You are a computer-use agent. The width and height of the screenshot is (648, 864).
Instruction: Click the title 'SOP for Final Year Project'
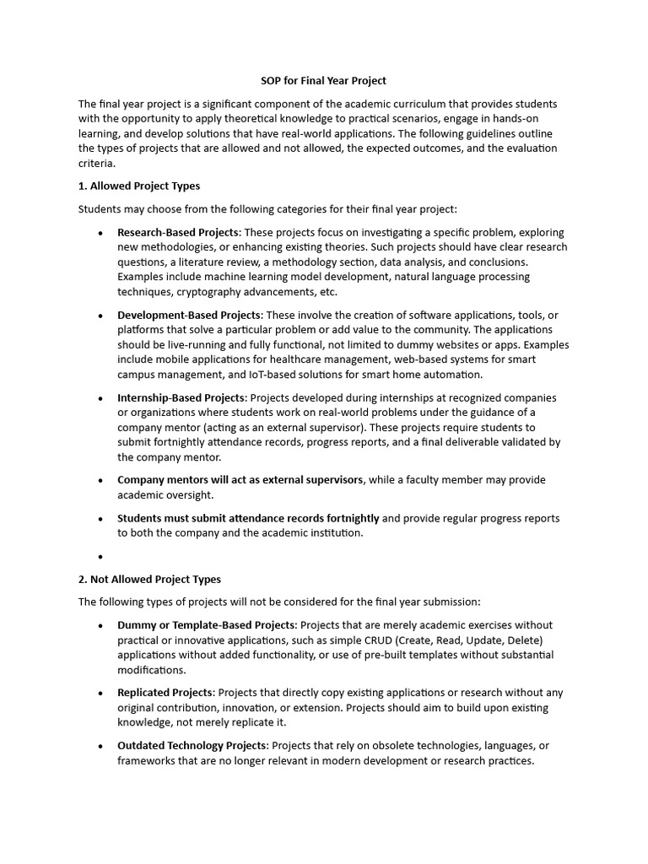(322, 81)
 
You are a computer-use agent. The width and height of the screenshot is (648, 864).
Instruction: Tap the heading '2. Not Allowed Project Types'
(149, 579)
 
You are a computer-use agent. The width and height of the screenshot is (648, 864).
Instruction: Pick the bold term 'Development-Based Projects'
(189, 315)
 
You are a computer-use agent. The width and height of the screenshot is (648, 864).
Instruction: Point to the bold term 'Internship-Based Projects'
(181, 397)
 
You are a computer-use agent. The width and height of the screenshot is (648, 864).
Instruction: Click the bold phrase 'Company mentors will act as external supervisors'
(240, 479)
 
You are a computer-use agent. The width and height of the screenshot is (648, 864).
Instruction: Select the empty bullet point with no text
(100, 557)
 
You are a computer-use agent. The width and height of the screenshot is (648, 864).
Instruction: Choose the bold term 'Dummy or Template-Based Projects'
(207, 625)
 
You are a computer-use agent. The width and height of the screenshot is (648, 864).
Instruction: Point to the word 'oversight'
(191, 495)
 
